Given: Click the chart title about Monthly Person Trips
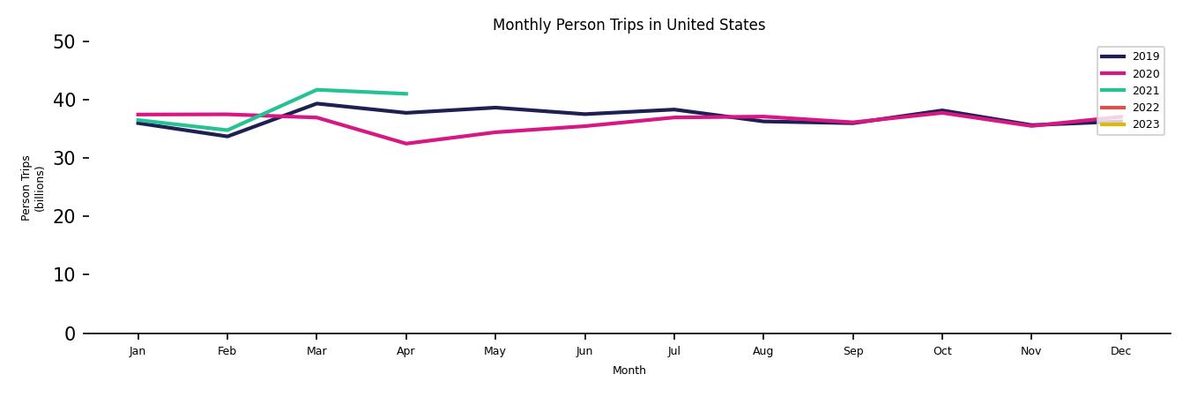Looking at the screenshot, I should [628, 26].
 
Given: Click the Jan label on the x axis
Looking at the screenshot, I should [138, 351].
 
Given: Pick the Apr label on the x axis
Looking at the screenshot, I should [405, 351].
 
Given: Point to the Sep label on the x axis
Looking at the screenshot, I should [852, 351].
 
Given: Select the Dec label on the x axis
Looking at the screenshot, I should [1120, 351].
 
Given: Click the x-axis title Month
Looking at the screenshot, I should [629, 371].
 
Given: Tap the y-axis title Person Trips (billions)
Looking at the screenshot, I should [33, 188].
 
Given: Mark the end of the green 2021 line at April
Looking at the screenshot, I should [406, 94].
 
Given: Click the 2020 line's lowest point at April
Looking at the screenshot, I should [405, 144].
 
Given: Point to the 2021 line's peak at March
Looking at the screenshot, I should [316, 90].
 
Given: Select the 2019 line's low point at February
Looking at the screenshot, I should [227, 136].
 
